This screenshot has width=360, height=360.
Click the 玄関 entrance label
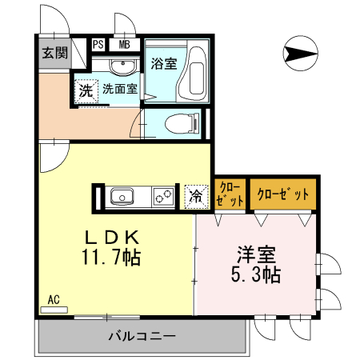pos(54,54)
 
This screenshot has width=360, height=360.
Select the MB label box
pos(125,45)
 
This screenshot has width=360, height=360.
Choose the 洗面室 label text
pos(119,90)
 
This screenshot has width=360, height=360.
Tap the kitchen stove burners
pos(164,195)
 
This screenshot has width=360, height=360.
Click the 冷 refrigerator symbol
pos(195,195)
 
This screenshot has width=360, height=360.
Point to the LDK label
pos(114,238)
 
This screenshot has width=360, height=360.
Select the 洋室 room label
pos(256,256)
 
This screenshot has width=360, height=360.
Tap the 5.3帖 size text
pos(257,276)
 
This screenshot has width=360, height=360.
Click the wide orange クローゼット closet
pos(282,194)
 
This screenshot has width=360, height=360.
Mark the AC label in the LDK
pos(54,300)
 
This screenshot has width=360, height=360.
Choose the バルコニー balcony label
pos(141,335)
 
